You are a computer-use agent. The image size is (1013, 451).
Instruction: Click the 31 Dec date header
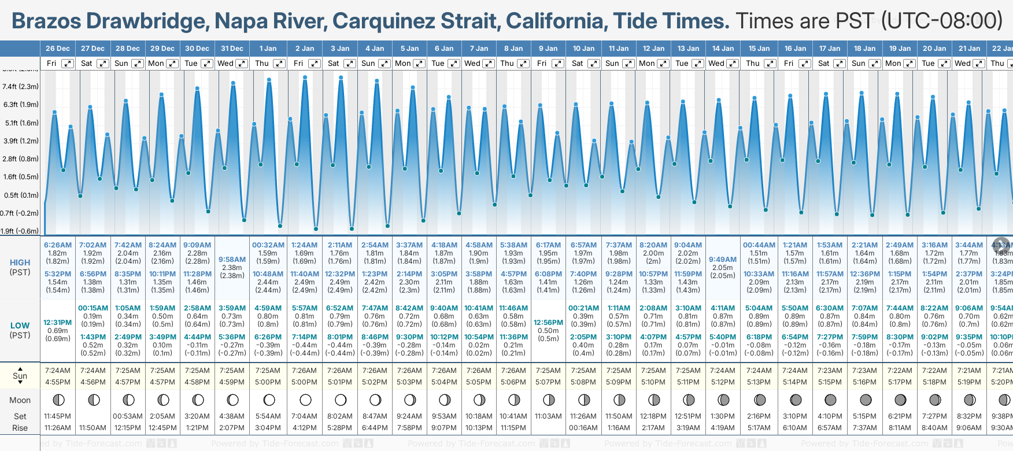232,49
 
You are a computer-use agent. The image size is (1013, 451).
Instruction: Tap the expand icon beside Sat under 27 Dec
102,64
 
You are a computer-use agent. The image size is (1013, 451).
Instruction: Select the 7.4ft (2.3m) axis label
21,87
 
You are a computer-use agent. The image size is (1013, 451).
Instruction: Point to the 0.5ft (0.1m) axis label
21,195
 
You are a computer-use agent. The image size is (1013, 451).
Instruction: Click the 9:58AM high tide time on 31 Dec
232,260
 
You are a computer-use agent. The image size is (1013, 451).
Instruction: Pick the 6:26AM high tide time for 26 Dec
58,245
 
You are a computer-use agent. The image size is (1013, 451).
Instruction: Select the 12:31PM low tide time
58,323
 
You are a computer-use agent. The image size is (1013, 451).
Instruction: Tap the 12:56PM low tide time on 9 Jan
548,323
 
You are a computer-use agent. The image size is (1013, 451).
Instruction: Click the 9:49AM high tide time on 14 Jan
723,260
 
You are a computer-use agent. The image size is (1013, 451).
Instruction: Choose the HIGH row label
20,263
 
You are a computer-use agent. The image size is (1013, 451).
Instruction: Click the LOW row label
20,326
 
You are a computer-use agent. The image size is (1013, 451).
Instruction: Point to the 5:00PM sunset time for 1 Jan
268,382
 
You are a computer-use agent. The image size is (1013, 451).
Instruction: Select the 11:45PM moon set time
58,416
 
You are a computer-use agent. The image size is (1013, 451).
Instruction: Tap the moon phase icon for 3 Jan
341,400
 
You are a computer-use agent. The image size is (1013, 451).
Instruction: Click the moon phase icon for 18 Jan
865,400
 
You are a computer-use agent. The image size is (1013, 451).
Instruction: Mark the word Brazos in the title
46,21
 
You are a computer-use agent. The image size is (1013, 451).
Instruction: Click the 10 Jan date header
583,49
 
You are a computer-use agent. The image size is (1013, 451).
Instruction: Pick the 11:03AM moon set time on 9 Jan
548,416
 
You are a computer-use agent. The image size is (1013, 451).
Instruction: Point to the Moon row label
20,400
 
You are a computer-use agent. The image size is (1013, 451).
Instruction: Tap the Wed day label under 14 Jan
716,64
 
